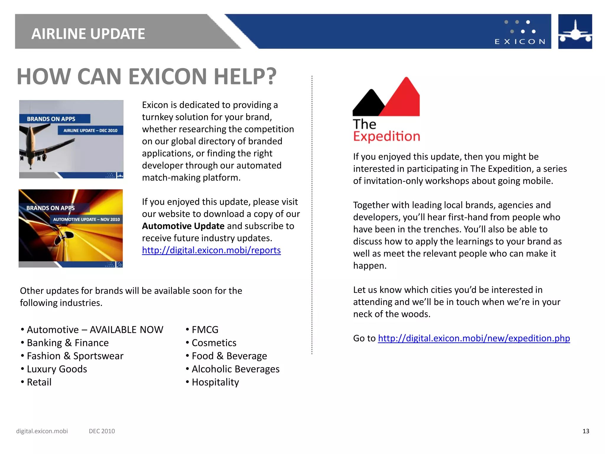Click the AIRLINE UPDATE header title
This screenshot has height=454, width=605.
[x=88, y=34]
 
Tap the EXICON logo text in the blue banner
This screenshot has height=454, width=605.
[x=520, y=42]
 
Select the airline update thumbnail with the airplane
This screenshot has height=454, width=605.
[x=71, y=139]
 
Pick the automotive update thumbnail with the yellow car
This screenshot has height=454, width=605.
[x=71, y=228]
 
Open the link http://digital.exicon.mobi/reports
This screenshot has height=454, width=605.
[x=211, y=250]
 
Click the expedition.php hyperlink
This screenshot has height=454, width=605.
[x=474, y=338]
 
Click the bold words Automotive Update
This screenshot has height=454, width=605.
[x=183, y=226]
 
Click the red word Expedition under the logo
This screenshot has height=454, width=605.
[x=386, y=136]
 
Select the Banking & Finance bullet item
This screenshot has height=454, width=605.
[x=68, y=343]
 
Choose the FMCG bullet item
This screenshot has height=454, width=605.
[x=205, y=330]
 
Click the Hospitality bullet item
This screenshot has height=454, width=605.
[x=215, y=382]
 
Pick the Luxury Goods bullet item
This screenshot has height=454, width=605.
[x=57, y=369]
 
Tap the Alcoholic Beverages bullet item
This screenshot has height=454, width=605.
[x=235, y=369]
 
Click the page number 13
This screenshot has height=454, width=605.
[x=586, y=431]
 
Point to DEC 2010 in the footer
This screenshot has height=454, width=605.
[x=102, y=431]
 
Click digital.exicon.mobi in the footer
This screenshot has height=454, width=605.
[x=42, y=431]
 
